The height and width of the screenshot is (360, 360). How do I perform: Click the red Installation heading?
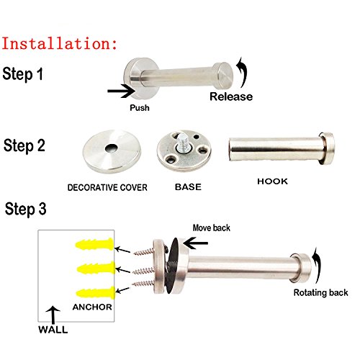[x=59, y=43]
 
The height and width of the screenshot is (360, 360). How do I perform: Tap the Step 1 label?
[x=23, y=73]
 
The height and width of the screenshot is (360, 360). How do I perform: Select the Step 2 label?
[x=24, y=145]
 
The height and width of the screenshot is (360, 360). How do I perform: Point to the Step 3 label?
[x=25, y=210]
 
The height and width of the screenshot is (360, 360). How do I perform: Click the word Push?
[x=140, y=108]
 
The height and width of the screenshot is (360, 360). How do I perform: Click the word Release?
[x=231, y=96]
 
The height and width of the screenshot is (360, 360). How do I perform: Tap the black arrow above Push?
[x=122, y=91]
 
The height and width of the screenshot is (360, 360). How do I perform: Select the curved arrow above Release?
[x=242, y=73]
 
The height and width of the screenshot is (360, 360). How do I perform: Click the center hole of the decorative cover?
[x=110, y=148]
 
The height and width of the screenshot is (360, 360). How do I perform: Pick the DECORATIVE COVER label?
[x=107, y=187]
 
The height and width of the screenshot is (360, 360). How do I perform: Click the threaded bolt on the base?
[x=182, y=143]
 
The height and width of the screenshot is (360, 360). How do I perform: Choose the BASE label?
[x=188, y=187]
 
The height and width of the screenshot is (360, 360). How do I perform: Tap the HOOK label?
[x=272, y=181]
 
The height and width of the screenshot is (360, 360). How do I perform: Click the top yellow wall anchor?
[x=94, y=244]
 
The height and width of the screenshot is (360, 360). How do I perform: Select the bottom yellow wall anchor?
[x=96, y=293]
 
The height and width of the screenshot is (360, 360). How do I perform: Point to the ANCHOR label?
[x=92, y=307]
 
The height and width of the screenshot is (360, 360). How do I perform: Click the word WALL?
[x=53, y=330]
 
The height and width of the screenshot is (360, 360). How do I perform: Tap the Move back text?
[x=212, y=228]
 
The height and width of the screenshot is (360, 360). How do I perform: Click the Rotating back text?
[x=320, y=293]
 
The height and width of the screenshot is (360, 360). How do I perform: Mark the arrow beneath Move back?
[x=195, y=243]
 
